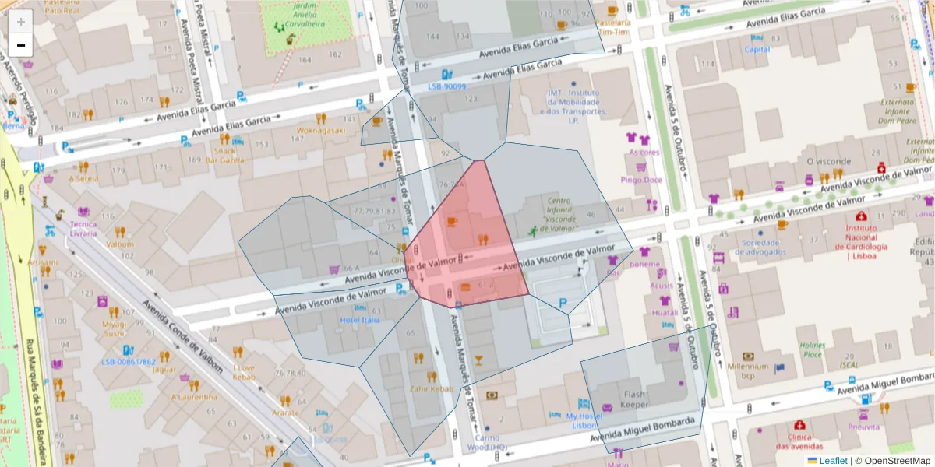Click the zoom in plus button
21,22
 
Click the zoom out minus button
21,45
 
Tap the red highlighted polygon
467,241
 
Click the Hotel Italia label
359,319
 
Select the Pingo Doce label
640,180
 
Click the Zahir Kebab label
431,388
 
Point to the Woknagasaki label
320,130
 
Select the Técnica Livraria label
83,229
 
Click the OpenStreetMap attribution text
896,460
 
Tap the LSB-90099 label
446,86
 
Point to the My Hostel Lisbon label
584,421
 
